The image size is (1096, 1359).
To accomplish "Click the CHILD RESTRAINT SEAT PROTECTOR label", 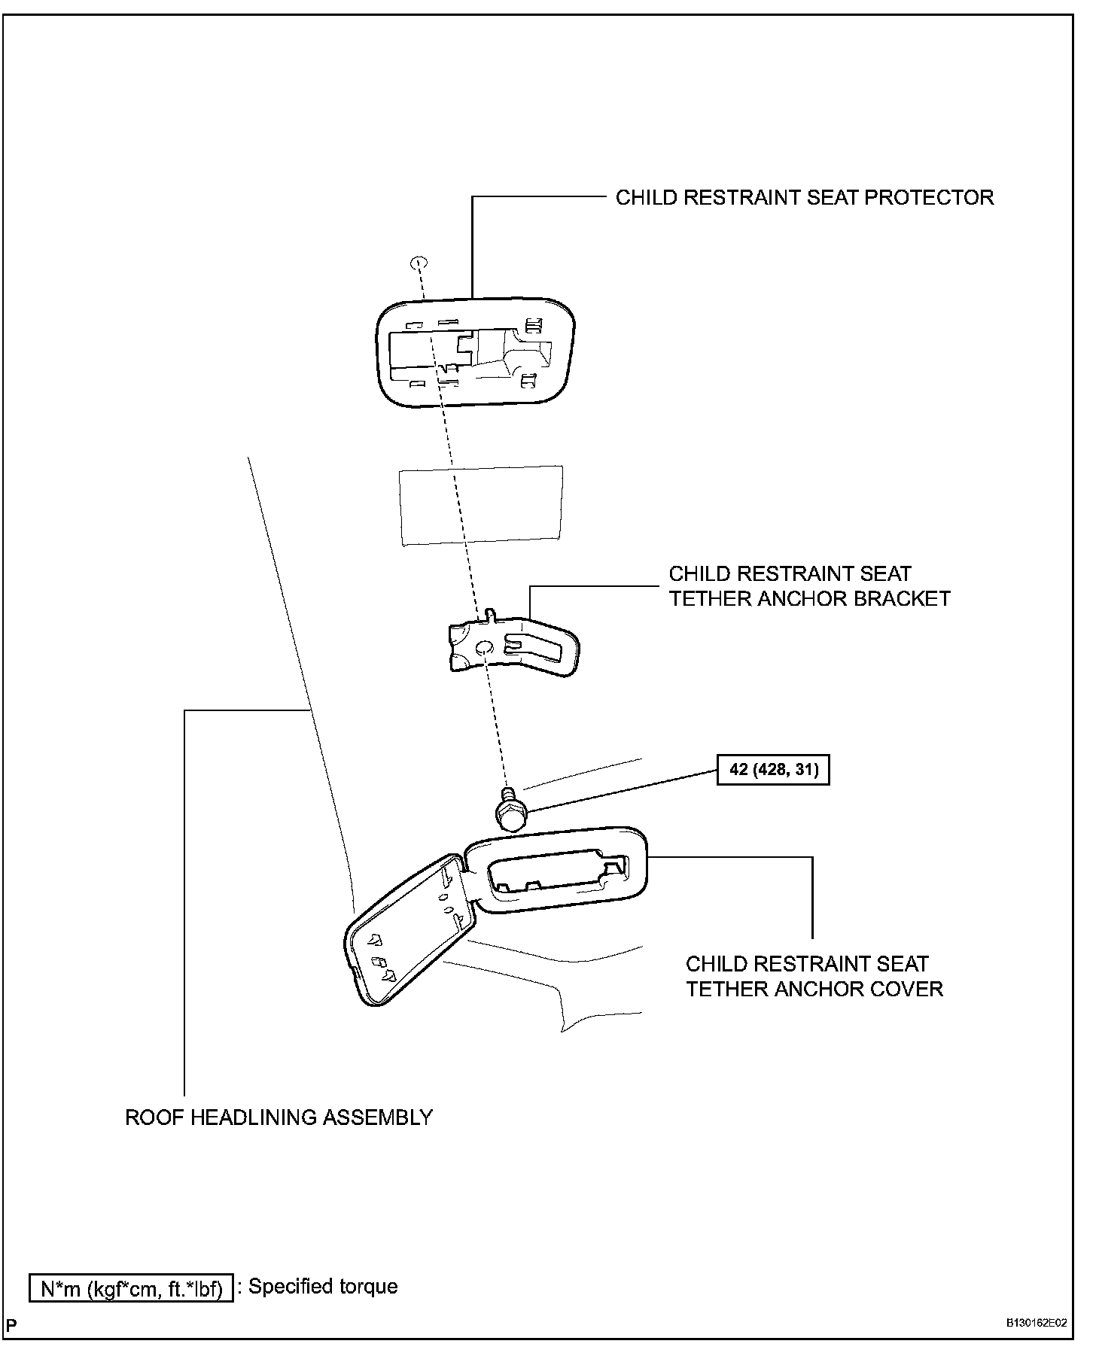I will click(x=804, y=198).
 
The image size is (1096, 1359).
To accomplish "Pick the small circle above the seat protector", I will click(x=419, y=263).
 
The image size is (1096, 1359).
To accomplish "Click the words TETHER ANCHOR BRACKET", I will click(x=809, y=599).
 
